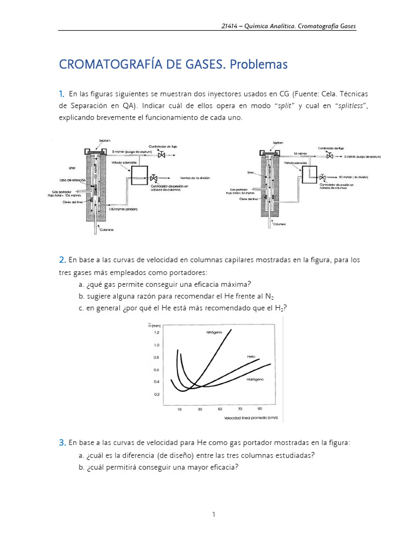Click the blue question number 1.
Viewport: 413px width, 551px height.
62,94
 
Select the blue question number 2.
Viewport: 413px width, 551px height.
62,260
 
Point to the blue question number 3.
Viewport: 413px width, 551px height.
62,442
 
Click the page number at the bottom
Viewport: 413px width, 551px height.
213,514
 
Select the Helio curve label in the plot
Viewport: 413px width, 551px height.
252,357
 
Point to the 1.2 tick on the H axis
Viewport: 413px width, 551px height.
157,333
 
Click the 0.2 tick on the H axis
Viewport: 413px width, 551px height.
157,394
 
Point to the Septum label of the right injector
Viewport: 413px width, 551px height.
278,143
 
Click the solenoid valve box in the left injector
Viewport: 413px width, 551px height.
141,176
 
